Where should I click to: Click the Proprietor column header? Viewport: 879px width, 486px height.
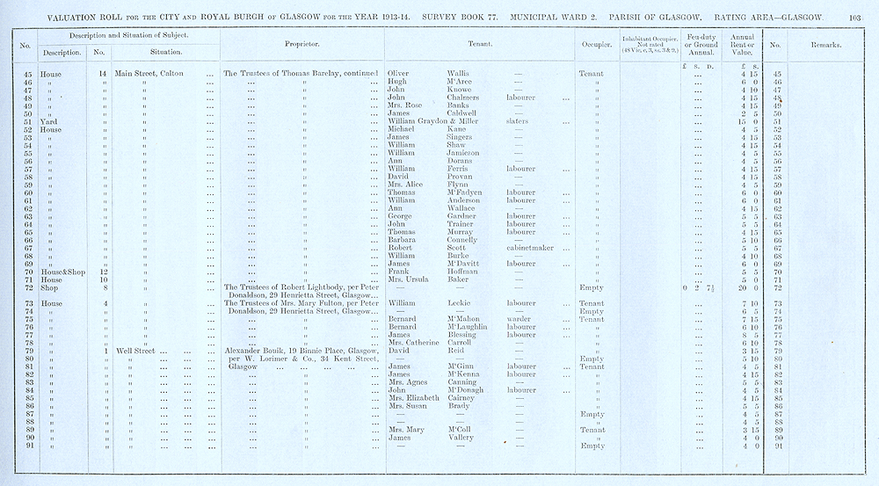coord(301,44)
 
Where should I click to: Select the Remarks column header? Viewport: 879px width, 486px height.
coord(825,44)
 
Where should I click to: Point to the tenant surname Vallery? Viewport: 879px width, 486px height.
coord(456,438)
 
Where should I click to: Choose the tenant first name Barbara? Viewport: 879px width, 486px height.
coord(402,240)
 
